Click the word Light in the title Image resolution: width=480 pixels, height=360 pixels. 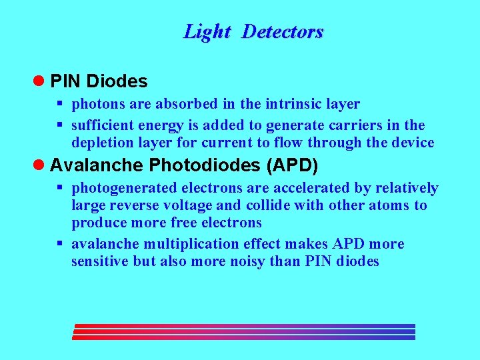[x=207, y=31]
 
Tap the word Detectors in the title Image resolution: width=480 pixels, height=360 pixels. [x=282, y=31]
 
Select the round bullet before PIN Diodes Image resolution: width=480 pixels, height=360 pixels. [x=39, y=81]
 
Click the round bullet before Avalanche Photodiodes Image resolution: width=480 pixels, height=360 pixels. [x=39, y=164]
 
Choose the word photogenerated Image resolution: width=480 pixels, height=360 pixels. [x=115, y=188]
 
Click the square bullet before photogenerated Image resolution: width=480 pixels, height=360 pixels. [x=59, y=188]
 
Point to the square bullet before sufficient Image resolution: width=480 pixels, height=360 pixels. [x=59, y=125]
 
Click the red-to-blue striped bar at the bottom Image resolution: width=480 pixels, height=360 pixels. [x=244, y=332]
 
